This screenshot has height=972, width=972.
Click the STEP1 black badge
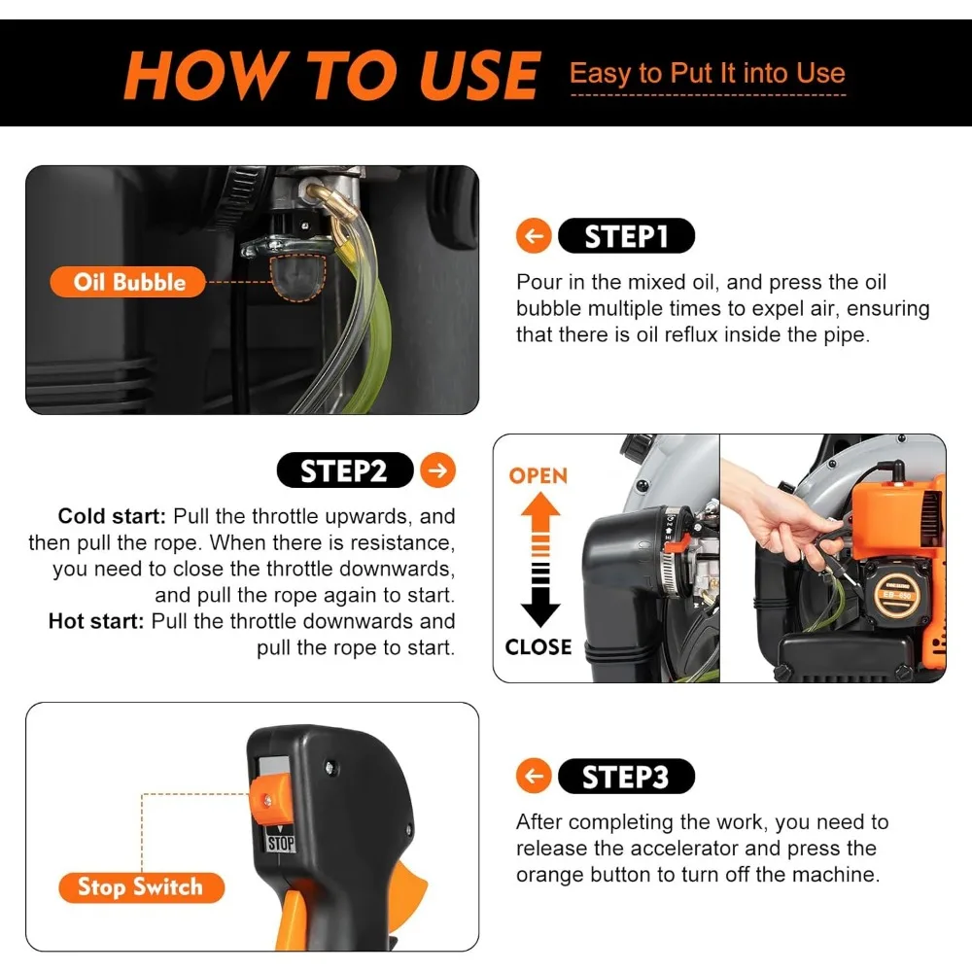626,236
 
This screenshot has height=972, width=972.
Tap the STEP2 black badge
345,470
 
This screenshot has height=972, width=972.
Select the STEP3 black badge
626,776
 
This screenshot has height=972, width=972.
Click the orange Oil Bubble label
127,282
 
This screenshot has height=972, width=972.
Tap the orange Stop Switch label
141,887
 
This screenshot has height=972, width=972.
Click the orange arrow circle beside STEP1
533,236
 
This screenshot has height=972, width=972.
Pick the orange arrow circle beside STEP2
437,470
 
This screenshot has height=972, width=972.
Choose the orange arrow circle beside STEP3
533,776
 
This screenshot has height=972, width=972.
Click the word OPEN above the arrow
538,475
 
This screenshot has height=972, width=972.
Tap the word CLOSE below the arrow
538,647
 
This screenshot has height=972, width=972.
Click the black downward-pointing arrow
540,595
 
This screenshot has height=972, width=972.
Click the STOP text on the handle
281,843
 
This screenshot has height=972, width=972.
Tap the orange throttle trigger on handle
292,919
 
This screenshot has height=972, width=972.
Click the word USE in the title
477,75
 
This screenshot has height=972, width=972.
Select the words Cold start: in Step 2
112,516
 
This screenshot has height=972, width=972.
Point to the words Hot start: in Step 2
96,621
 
